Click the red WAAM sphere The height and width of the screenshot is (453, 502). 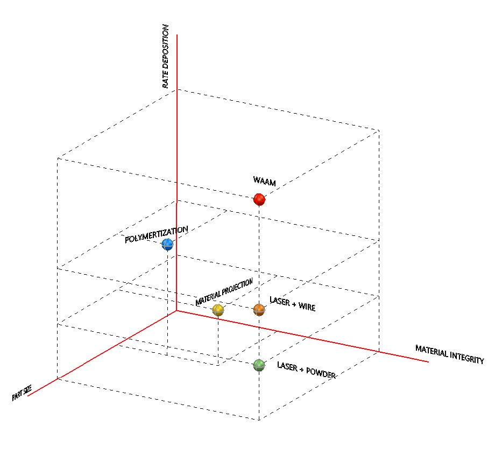click(x=260, y=200)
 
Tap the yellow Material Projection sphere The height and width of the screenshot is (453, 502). click(x=218, y=310)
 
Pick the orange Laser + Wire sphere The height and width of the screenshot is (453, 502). click(x=259, y=310)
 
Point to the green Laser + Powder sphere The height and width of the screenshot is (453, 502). click(x=259, y=365)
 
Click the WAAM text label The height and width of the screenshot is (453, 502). click(x=264, y=182)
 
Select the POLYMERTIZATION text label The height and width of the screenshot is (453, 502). click(x=157, y=235)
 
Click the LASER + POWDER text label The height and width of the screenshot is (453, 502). click(x=307, y=370)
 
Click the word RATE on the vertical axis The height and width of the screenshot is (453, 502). click(x=166, y=80)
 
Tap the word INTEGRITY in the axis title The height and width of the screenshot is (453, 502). click(x=466, y=358)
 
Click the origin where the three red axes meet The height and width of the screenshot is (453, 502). click(x=177, y=311)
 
